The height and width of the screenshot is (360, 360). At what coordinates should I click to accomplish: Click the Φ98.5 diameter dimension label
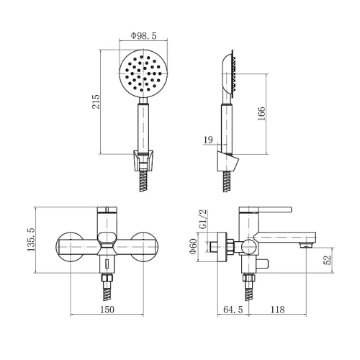pos(143,36)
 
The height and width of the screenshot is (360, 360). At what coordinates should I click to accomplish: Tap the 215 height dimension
pos(96,102)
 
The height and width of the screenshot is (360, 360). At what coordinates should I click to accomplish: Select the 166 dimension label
pos(261,114)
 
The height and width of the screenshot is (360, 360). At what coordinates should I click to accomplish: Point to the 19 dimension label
pos(208,140)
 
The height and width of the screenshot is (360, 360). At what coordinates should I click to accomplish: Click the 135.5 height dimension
pos(31,240)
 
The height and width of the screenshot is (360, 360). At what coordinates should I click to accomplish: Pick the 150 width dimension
pos(107,310)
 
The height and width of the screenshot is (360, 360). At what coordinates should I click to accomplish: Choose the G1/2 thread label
pos(203,219)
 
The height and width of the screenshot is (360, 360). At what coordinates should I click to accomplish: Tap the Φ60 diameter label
pos(193,247)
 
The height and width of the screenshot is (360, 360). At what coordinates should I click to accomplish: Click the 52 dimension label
pos(328,259)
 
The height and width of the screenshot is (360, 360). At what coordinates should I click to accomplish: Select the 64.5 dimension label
pos(233,310)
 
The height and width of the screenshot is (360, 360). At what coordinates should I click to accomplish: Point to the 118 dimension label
pos(278,310)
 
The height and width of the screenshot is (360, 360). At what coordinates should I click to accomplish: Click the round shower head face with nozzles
pos(143,73)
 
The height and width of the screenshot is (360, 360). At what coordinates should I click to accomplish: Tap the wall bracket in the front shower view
pos(143,161)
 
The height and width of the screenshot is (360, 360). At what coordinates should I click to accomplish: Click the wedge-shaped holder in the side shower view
pos(228,161)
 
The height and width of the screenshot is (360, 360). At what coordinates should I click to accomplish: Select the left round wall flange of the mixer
pos(70,247)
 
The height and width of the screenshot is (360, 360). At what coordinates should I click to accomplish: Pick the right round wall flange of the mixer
pos(144,247)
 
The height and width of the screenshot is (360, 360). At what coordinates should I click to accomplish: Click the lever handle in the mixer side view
pos(265,210)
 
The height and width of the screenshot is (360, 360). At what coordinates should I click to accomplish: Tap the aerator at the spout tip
pos(305,246)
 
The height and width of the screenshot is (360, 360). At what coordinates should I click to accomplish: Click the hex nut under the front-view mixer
pos(107,278)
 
